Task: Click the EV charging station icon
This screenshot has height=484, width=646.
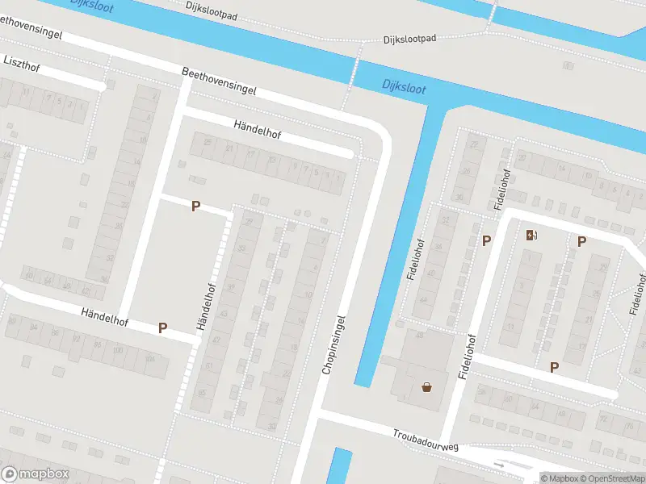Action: tap(531, 235)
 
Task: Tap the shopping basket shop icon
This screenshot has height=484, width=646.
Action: tap(426, 387)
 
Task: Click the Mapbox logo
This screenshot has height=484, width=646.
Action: tap(35, 474)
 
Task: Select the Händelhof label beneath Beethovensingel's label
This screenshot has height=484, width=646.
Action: tap(257, 130)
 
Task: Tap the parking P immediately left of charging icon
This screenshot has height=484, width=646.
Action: tap(486, 240)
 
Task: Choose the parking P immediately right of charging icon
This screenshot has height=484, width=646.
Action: tap(581, 241)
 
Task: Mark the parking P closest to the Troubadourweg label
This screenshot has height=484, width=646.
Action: tap(554, 367)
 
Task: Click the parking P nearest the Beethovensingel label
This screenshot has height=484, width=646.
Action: tap(195, 207)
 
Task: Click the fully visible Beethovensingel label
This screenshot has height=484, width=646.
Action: tap(219, 81)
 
